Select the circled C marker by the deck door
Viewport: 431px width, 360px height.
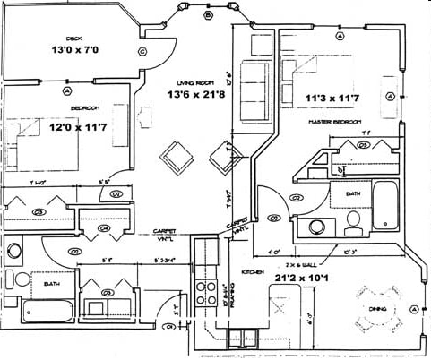[142, 52]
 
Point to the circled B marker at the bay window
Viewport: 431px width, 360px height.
[208, 15]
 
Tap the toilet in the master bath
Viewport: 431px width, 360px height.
[352, 220]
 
